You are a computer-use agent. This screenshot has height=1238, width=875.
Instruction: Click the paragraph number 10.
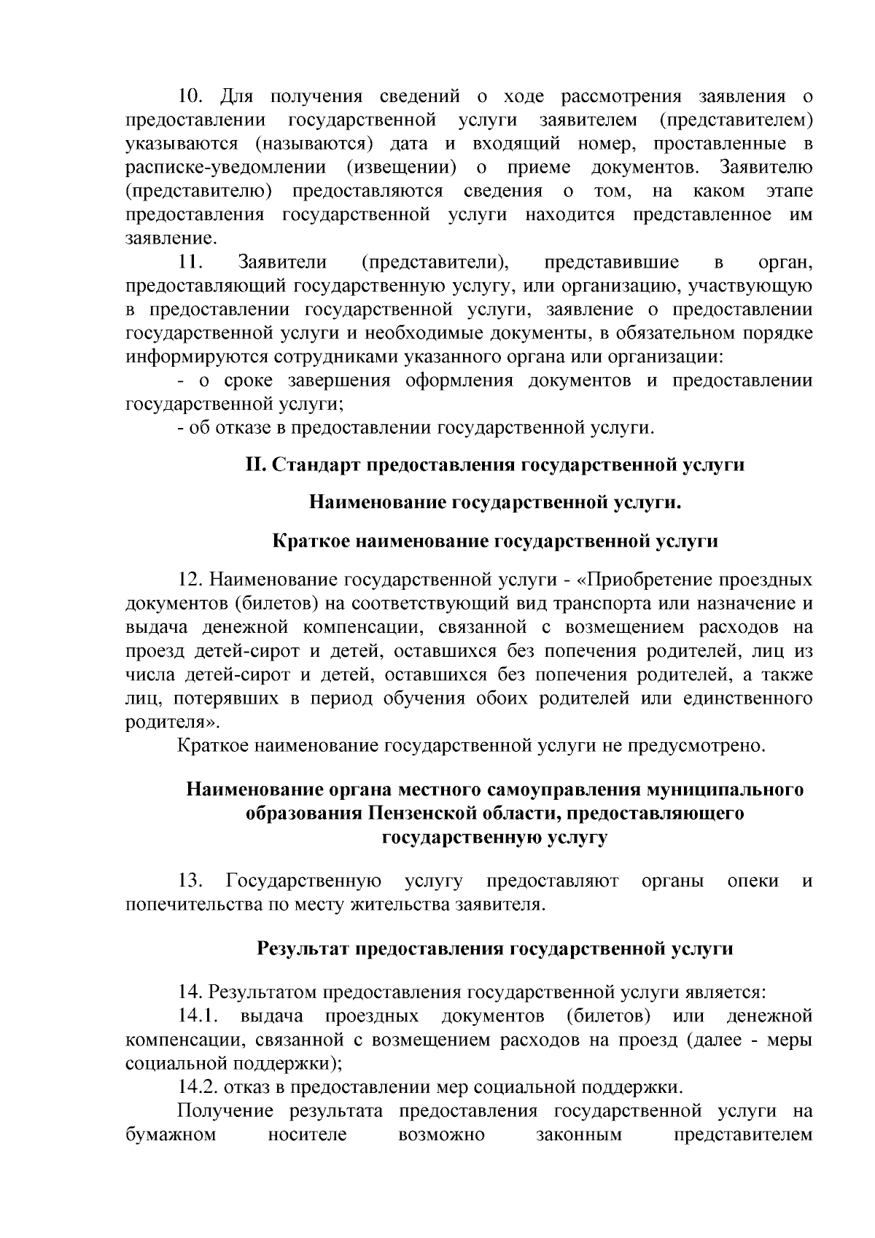(x=193, y=96)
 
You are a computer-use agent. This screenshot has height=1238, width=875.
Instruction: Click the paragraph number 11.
(x=192, y=262)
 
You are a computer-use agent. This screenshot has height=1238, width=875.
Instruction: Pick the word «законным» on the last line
(x=579, y=1135)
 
